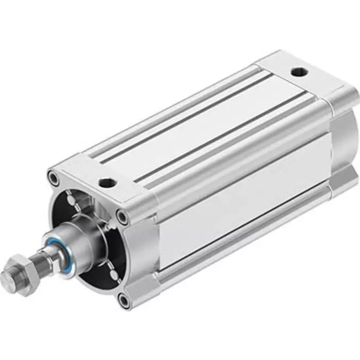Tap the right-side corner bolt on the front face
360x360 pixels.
coord(122,216)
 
